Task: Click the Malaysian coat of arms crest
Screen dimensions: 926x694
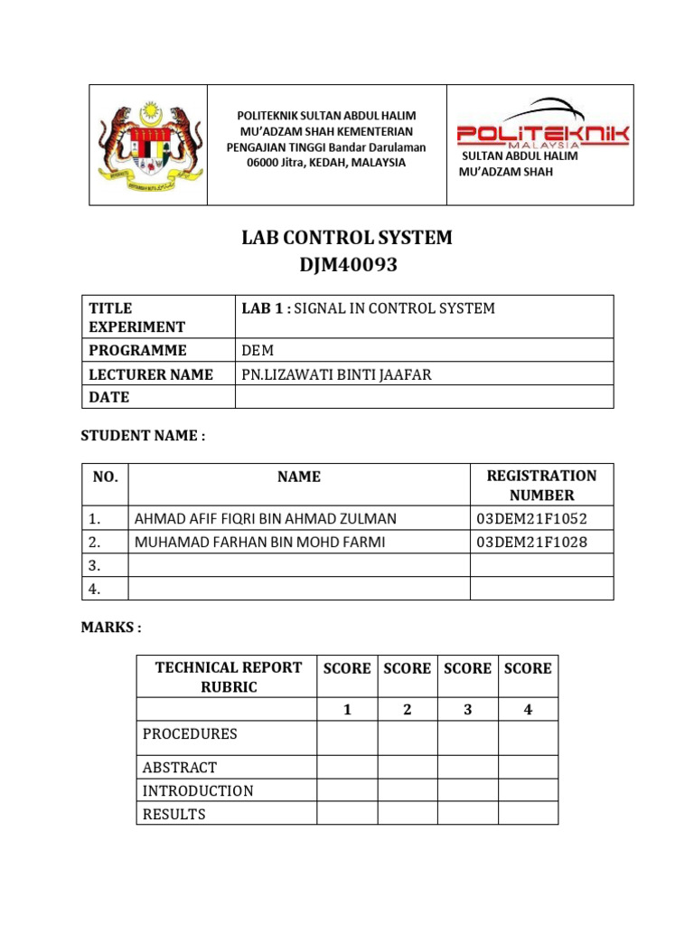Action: tap(149, 144)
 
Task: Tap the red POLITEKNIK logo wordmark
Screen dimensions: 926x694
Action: tap(542, 134)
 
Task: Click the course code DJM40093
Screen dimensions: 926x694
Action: tap(346, 266)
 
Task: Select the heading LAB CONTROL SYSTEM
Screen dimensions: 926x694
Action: tap(346, 239)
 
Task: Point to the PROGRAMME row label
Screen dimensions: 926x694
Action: tap(137, 350)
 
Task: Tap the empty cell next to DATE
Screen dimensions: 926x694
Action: tap(424, 397)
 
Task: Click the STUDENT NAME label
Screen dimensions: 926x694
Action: tap(143, 436)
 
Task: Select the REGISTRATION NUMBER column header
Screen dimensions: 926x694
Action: tap(541, 485)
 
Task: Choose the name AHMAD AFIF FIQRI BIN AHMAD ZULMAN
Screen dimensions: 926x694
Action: tap(265, 518)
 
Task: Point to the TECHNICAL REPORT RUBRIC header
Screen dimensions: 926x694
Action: tap(228, 677)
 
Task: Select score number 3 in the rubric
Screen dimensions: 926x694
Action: tap(467, 710)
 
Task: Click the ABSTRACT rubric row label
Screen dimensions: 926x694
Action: tap(180, 767)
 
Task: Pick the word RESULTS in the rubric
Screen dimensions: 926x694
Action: tap(173, 814)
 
